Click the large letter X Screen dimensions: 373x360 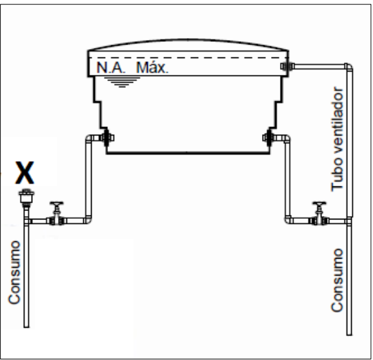pyautogui.click(x=25, y=172)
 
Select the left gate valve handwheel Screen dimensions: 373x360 pyautogui.click(x=57, y=204)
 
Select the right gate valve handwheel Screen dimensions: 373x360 pyautogui.click(x=319, y=204)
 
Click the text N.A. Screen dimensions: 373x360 pyautogui.click(x=110, y=68)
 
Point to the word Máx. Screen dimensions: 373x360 pyautogui.click(x=152, y=68)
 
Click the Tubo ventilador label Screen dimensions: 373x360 pyautogui.click(x=338, y=139)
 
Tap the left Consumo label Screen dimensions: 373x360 pyautogui.click(x=14, y=272)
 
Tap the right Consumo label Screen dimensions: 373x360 pyautogui.click(x=338, y=280)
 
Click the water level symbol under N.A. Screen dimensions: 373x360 pyautogui.click(x=122, y=83)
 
